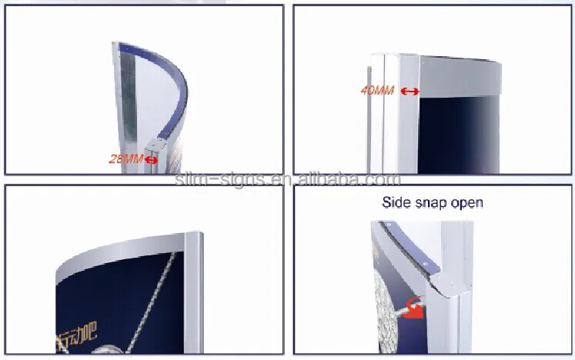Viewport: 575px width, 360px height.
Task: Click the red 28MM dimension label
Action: click(126, 159)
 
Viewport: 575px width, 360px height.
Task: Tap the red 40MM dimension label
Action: click(377, 91)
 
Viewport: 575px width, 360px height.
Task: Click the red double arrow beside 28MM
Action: click(152, 159)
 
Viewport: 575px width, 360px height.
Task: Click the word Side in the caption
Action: click(398, 203)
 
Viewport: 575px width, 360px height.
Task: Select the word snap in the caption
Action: click(434, 203)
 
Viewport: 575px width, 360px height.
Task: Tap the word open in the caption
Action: click(468, 203)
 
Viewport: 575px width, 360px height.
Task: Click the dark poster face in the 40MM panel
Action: click(462, 131)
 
